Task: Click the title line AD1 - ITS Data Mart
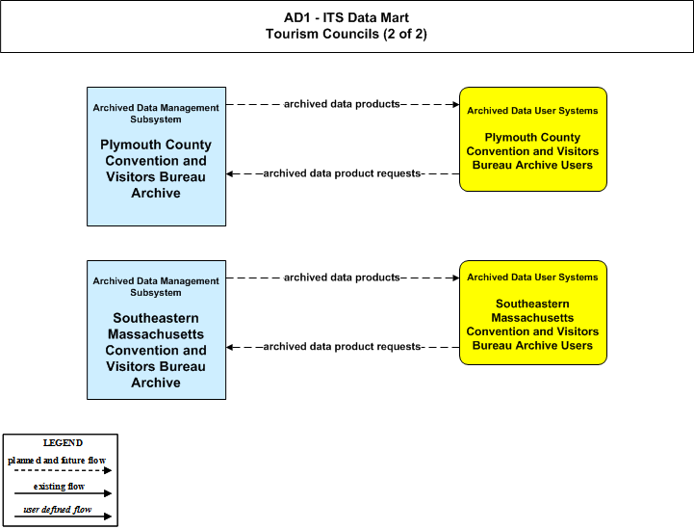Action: coord(347,17)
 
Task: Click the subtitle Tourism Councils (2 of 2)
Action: coord(347,34)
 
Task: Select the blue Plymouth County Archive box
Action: coord(156,156)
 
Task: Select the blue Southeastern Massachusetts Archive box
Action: coord(156,331)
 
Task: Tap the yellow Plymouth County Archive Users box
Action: coord(533,139)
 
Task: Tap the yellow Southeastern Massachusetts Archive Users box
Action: coord(533,313)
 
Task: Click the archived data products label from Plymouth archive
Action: coord(342,104)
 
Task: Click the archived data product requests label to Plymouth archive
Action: coord(342,173)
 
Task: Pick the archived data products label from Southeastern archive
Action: coord(342,278)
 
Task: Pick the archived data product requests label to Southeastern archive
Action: coord(342,347)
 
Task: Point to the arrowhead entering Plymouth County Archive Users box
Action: coord(456,105)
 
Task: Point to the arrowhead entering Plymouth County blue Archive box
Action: coord(230,173)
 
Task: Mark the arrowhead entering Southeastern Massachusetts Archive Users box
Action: coord(456,278)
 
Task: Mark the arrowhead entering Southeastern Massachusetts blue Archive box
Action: coord(230,347)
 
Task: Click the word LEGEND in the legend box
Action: coord(63,443)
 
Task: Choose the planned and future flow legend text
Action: coord(57,461)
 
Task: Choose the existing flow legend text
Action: coord(59,487)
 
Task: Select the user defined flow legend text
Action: coord(58,510)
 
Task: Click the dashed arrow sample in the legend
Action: coord(63,470)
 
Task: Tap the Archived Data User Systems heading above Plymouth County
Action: coord(532,111)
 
